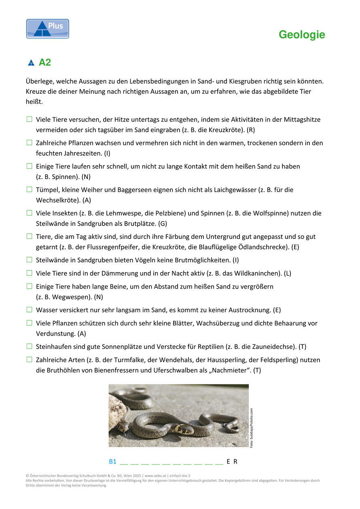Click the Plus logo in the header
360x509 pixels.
tap(48, 29)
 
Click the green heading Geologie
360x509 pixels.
tap(302, 35)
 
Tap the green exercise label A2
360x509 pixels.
tap(45, 63)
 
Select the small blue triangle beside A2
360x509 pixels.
tap(31, 63)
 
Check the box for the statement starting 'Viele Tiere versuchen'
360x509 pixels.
tap(30, 119)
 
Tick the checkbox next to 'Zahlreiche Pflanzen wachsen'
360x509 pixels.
tap(30, 143)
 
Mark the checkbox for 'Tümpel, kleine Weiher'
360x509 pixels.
tap(30, 189)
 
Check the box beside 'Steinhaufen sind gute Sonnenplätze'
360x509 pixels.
tap(30, 346)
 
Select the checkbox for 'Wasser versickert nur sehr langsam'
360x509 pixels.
tap(30, 310)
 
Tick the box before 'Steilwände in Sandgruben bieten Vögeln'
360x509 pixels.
tap(30, 260)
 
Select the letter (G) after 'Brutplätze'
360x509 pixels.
tap(163, 223)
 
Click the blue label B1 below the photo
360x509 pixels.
tap(112, 462)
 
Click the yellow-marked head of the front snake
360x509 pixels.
tap(184, 429)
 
